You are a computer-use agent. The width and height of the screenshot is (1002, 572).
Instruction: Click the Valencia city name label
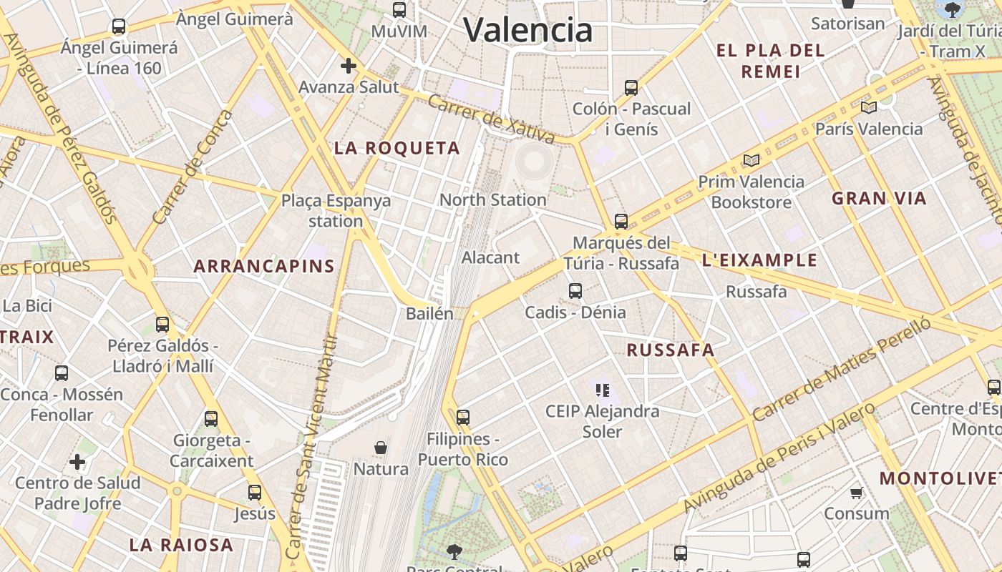point(528,30)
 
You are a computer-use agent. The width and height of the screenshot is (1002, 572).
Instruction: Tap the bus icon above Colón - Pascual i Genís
point(631,88)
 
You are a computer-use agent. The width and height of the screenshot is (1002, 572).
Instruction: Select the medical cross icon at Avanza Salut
point(349,66)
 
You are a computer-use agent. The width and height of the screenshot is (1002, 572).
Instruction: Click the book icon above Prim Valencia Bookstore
point(751,161)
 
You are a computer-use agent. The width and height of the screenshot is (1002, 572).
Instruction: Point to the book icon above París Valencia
point(869,108)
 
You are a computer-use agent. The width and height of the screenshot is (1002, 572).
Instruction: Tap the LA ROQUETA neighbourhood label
point(397,148)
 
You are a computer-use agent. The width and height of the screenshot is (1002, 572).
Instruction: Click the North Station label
point(492,199)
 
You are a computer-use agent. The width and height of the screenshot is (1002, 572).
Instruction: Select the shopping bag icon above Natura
point(381,448)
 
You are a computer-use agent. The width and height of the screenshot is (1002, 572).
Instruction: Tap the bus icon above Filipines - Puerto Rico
point(463,417)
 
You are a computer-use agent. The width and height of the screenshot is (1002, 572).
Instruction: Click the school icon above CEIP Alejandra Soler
point(602,390)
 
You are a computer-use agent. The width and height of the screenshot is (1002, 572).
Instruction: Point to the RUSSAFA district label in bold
point(670,350)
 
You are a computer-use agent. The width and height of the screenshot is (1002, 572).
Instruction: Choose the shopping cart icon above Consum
point(857,493)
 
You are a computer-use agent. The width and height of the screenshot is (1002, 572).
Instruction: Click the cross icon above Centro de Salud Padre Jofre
point(77,462)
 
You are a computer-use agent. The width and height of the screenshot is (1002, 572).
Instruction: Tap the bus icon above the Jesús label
point(254,492)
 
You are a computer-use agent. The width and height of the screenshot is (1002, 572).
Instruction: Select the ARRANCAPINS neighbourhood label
point(264,267)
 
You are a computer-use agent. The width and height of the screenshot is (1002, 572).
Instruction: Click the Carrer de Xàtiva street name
point(491,119)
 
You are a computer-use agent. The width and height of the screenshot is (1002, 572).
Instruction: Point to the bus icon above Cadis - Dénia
point(575,291)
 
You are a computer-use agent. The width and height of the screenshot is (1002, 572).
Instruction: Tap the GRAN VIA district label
point(879,198)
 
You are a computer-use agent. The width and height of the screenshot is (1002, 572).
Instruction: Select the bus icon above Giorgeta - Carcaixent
point(211,419)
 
